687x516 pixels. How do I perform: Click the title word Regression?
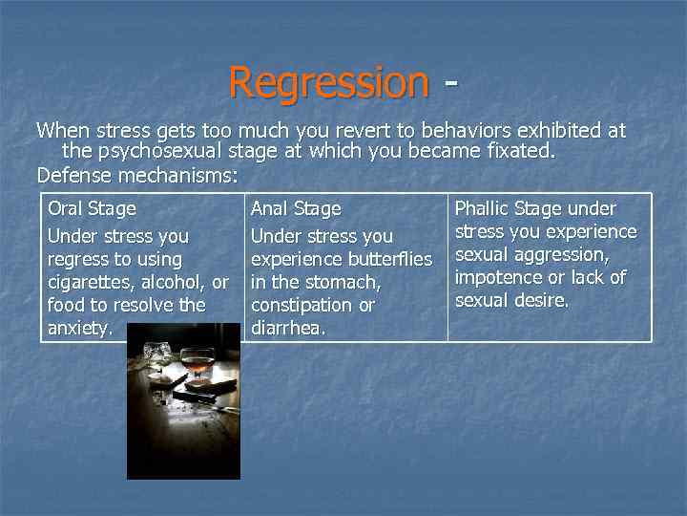pyautogui.click(x=329, y=82)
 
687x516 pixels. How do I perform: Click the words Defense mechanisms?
pyautogui.click(x=135, y=175)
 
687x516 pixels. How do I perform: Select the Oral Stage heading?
pyautogui.click(x=92, y=208)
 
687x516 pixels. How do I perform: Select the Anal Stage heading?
pyautogui.click(x=295, y=208)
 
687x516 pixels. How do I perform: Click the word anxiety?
pyautogui.click(x=79, y=329)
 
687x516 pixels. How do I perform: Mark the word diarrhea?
pyautogui.click(x=287, y=328)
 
